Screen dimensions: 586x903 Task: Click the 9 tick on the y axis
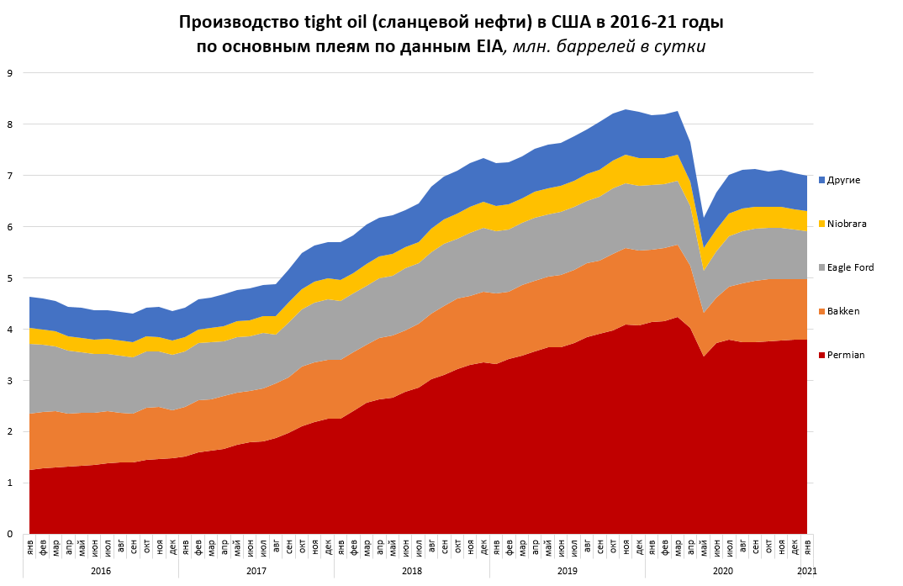[9, 73]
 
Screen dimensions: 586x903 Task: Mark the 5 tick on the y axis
[9, 278]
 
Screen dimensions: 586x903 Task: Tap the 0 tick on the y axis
[9, 534]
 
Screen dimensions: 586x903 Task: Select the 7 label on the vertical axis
[9, 176]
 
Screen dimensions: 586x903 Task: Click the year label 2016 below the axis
[101, 572]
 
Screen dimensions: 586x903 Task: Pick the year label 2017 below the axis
[256, 572]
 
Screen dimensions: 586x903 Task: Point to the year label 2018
[412, 572]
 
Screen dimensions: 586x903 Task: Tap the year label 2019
[568, 572]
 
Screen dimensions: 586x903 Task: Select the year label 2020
[723, 572]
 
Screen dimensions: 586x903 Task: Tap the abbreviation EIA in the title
[483, 47]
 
